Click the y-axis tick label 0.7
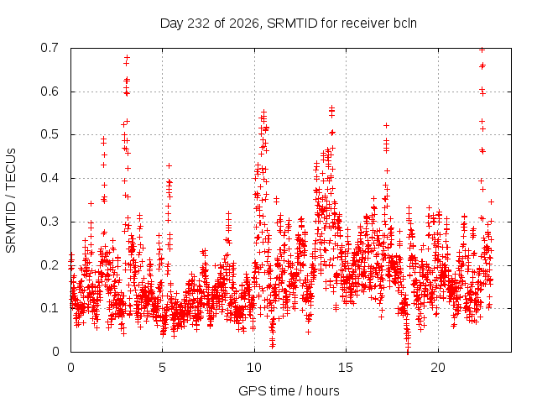point(50,48)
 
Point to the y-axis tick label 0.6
point(50,92)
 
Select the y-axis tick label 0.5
point(50,134)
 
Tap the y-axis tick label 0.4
point(50,178)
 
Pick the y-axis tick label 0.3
point(50,222)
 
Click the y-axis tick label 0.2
point(50,265)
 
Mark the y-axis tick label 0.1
point(50,308)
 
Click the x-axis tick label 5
point(162,368)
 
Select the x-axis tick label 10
point(254,368)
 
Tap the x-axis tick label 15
point(346,368)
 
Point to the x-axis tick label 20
point(438,368)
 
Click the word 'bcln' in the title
point(405,24)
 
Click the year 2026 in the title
point(244,24)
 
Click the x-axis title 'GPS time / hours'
point(289,391)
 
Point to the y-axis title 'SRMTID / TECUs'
point(11,201)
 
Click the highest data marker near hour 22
point(482,50)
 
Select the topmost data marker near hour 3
point(127,57)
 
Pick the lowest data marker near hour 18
point(408,351)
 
